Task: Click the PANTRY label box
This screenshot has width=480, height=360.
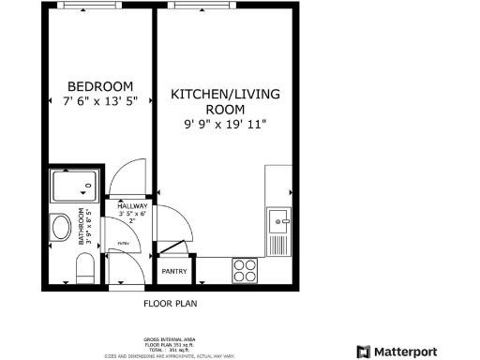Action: pyautogui.click(x=174, y=272)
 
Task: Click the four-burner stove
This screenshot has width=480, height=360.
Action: pyautogui.click(x=245, y=270)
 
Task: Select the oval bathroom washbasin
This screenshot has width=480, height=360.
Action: pyautogui.click(x=62, y=229)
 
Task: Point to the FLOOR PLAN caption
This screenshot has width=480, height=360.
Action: pyautogui.click(x=170, y=304)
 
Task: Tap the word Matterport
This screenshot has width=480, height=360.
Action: pyautogui.click(x=405, y=352)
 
